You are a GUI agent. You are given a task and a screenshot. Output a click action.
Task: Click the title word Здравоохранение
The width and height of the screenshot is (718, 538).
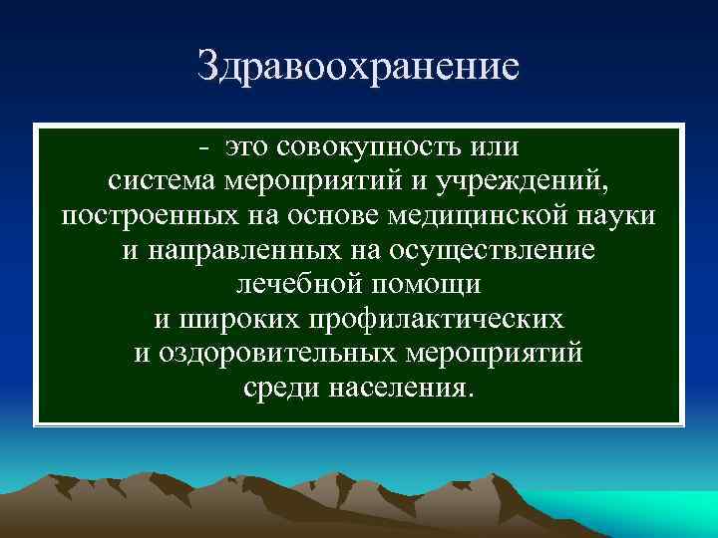click(x=359, y=67)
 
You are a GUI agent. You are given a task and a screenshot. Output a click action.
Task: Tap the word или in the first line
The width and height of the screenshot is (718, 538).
click(x=493, y=148)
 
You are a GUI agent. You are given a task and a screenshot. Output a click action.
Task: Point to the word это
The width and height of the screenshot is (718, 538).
click(x=248, y=148)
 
